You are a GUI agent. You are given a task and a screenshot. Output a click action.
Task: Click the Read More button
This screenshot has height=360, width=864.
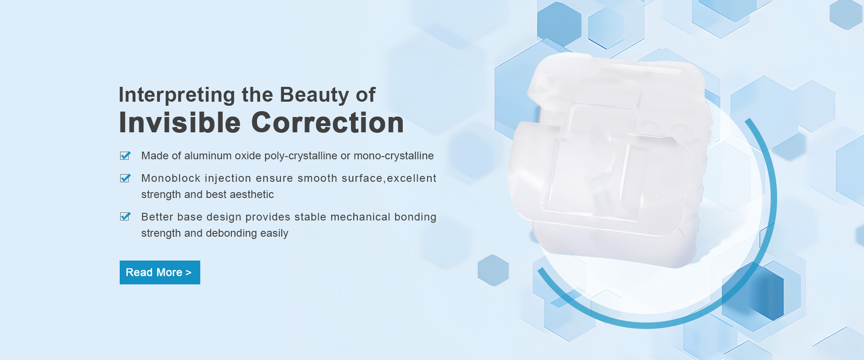(160, 272)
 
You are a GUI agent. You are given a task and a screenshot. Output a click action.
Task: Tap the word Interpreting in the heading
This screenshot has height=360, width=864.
(177, 95)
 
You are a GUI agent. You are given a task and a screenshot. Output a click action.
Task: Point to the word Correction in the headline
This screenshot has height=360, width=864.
(328, 122)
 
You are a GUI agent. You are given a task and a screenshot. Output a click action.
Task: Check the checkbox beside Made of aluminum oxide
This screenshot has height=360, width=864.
(125, 156)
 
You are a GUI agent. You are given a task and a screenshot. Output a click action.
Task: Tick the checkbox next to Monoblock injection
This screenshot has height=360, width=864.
(125, 178)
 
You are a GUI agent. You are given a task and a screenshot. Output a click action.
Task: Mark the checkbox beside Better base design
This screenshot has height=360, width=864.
(125, 217)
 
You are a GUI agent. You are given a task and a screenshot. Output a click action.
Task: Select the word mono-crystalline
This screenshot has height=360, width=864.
(394, 156)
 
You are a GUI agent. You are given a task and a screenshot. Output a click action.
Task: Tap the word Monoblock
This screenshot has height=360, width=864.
(171, 178)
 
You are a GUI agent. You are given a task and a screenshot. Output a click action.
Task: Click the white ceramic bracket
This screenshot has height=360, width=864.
(610, 160)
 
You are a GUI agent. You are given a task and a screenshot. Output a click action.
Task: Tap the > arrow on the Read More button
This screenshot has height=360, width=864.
(189, 273)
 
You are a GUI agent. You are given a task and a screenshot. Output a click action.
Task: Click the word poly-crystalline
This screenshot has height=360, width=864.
(301, 156)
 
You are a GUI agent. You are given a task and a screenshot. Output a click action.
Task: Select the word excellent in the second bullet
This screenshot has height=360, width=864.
(411, 178)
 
